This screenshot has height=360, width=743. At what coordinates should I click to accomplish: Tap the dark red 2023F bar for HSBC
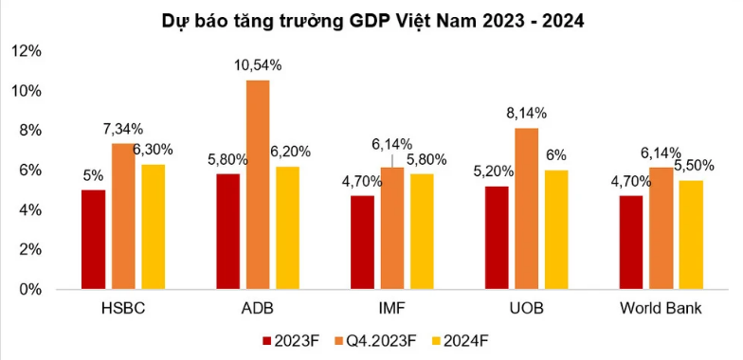[x=93, y=239]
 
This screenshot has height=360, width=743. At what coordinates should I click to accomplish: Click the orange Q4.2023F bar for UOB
[x=529, y=208]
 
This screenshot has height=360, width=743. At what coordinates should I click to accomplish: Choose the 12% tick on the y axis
[x=27, y=51]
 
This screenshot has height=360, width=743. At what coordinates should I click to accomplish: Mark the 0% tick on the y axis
[x=31, y=289]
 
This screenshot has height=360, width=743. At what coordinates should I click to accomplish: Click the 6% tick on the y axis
[x=31, y=171]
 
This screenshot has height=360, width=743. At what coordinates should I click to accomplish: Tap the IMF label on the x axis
[x=392, y=310]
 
